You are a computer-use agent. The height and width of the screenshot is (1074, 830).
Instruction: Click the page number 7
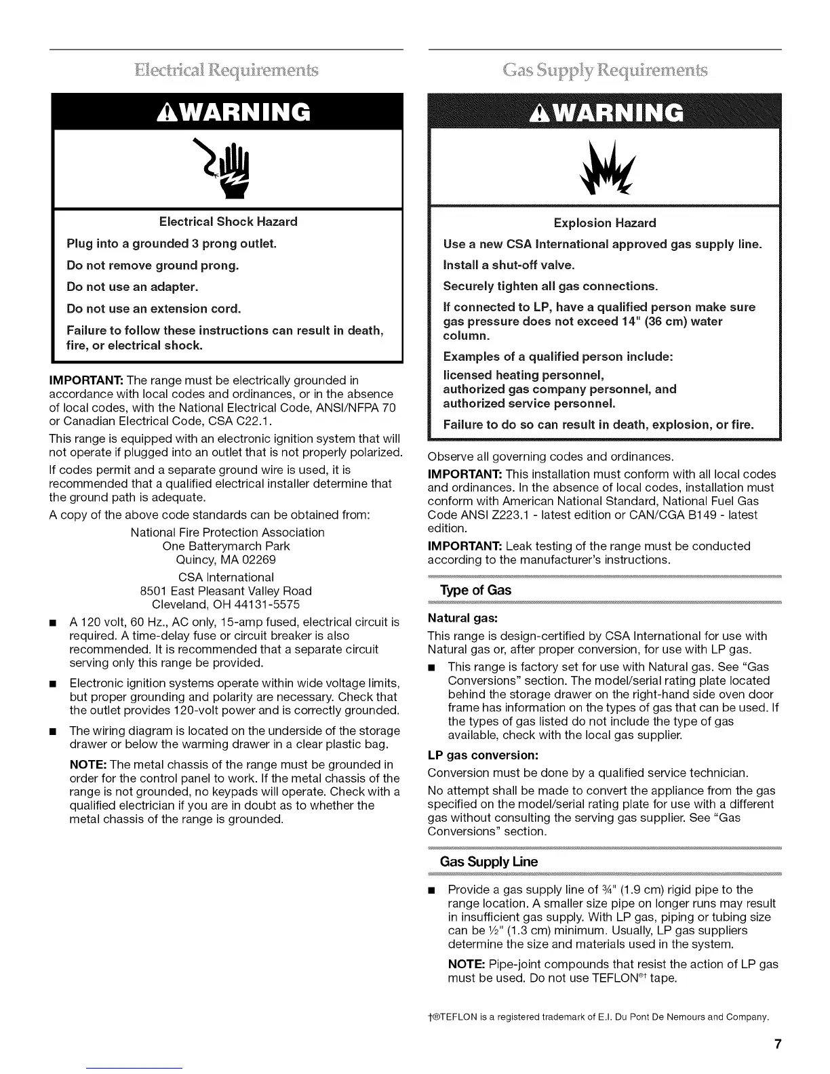pyautogui.click(x=777, y=1044)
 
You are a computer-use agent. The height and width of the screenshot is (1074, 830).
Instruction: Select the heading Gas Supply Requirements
pyautogui.click(x=604, y=70)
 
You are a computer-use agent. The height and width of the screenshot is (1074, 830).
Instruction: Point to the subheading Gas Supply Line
pyautogui.click(x=488, y=862)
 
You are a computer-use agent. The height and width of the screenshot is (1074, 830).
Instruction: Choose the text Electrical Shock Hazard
pyautogui.click(x=228, y=222)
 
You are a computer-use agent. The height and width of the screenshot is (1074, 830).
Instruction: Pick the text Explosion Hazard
pyautogui.click(x=605, y=223)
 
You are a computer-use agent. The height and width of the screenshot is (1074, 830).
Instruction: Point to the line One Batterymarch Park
pyautogui.click(x=226, y=546)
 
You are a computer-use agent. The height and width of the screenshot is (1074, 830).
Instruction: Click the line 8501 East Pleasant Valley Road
pyautogui.click(x=225, y=591)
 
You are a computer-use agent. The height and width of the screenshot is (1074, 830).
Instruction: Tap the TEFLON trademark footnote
pyautogui.click(x=598, y=1017)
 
